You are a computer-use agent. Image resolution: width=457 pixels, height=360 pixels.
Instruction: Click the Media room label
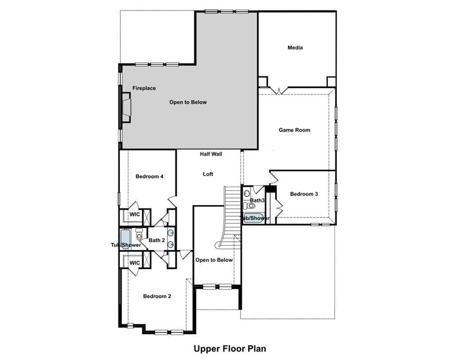coord(295,47)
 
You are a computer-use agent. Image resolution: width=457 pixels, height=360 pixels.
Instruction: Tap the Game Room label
coord(294,130)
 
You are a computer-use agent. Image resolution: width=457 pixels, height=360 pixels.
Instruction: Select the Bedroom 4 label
coord(149,176)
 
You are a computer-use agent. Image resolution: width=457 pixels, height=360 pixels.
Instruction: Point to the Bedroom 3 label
coord(304,194)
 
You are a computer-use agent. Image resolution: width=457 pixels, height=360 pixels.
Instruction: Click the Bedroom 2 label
coord(157,296)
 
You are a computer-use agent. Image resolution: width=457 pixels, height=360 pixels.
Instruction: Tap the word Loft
coord(208,174)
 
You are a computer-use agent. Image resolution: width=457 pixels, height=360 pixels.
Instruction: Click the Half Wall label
coord(211,154)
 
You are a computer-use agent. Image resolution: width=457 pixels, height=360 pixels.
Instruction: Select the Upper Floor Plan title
coord(230,349)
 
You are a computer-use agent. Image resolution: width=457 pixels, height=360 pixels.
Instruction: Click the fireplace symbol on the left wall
coord(126,107)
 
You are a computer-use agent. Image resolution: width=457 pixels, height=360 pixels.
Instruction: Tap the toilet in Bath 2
coord(138,233)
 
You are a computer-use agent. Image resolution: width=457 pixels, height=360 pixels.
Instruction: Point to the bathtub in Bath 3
coord(254,218)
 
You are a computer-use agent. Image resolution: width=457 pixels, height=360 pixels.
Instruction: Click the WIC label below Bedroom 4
coord(135,214)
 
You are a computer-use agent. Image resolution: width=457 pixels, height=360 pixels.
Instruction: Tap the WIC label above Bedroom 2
coord(135,263)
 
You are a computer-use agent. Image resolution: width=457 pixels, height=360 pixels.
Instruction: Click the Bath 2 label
coord(157,240)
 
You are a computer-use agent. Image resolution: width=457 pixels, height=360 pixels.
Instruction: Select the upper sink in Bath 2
coord(170,233)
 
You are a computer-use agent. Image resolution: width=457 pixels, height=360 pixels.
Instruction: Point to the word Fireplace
coord(144,88)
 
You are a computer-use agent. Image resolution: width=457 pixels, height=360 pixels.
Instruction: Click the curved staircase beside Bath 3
coord(230,216)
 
